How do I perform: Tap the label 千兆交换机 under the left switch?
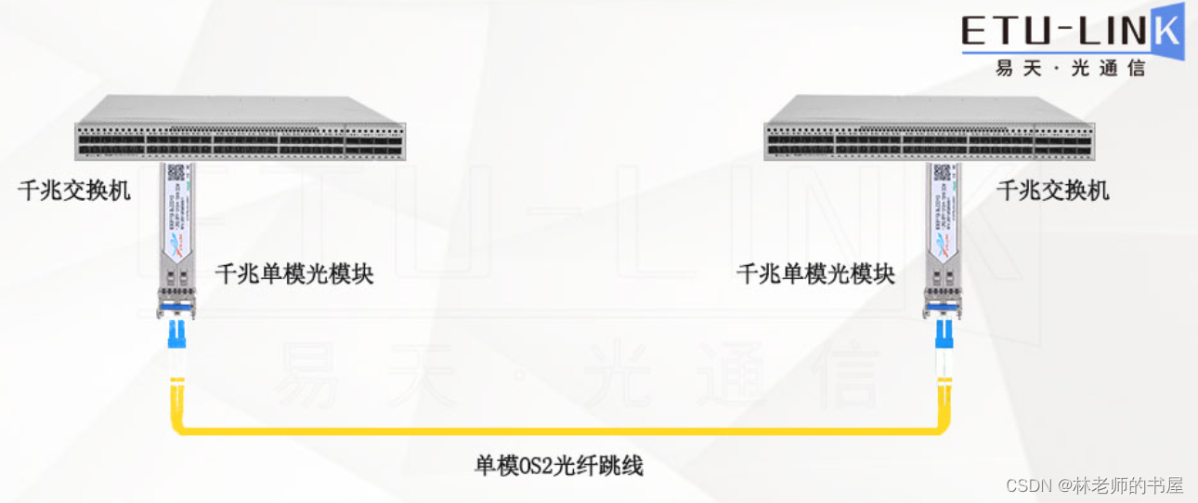pos(74,192)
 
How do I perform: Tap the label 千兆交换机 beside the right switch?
pos(1052,192)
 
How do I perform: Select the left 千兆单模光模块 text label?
pos(293,274)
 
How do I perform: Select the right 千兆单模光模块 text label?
pos(815,274)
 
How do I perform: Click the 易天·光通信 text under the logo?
pos(1070,68)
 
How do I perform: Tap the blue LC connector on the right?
pos(944,331)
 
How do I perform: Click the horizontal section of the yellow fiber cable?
pos(557,430)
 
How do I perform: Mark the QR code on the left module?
pos(176,172)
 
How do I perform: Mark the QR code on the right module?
pos(943,172)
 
